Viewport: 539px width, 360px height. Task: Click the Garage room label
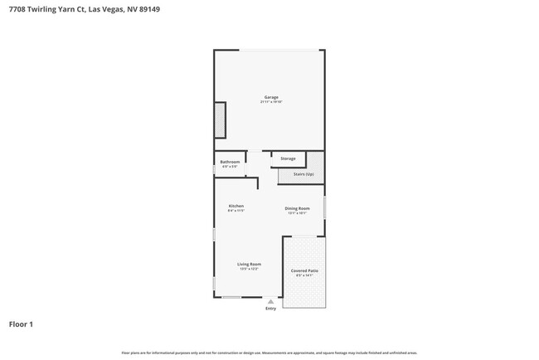point(270,97)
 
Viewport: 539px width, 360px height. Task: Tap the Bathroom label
point(230,162)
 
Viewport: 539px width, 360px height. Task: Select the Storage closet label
point(288,158)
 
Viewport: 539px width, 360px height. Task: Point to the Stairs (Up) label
point(303,174)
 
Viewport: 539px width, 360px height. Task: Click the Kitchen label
point(236,206)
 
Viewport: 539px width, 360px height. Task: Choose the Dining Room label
point(297,208)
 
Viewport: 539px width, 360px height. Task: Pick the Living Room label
point(249,265)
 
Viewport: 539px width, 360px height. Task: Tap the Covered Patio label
point(304,270)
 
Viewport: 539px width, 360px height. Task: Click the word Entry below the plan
point(270,309)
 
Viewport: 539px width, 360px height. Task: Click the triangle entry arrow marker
point(270,301)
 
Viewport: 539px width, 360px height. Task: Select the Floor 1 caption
point(22,324)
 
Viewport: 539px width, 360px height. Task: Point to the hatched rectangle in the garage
point(220,120)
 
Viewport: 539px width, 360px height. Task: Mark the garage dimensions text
point(270,102)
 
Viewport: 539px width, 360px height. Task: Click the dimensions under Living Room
point(249,270)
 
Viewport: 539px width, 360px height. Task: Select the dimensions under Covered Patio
point(304,275)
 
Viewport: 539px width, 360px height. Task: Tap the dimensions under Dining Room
point(297,213)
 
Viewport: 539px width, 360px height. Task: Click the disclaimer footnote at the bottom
point(269,353)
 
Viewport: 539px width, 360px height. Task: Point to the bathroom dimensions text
point(230,167)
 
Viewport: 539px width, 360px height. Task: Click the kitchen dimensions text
point(236,211)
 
